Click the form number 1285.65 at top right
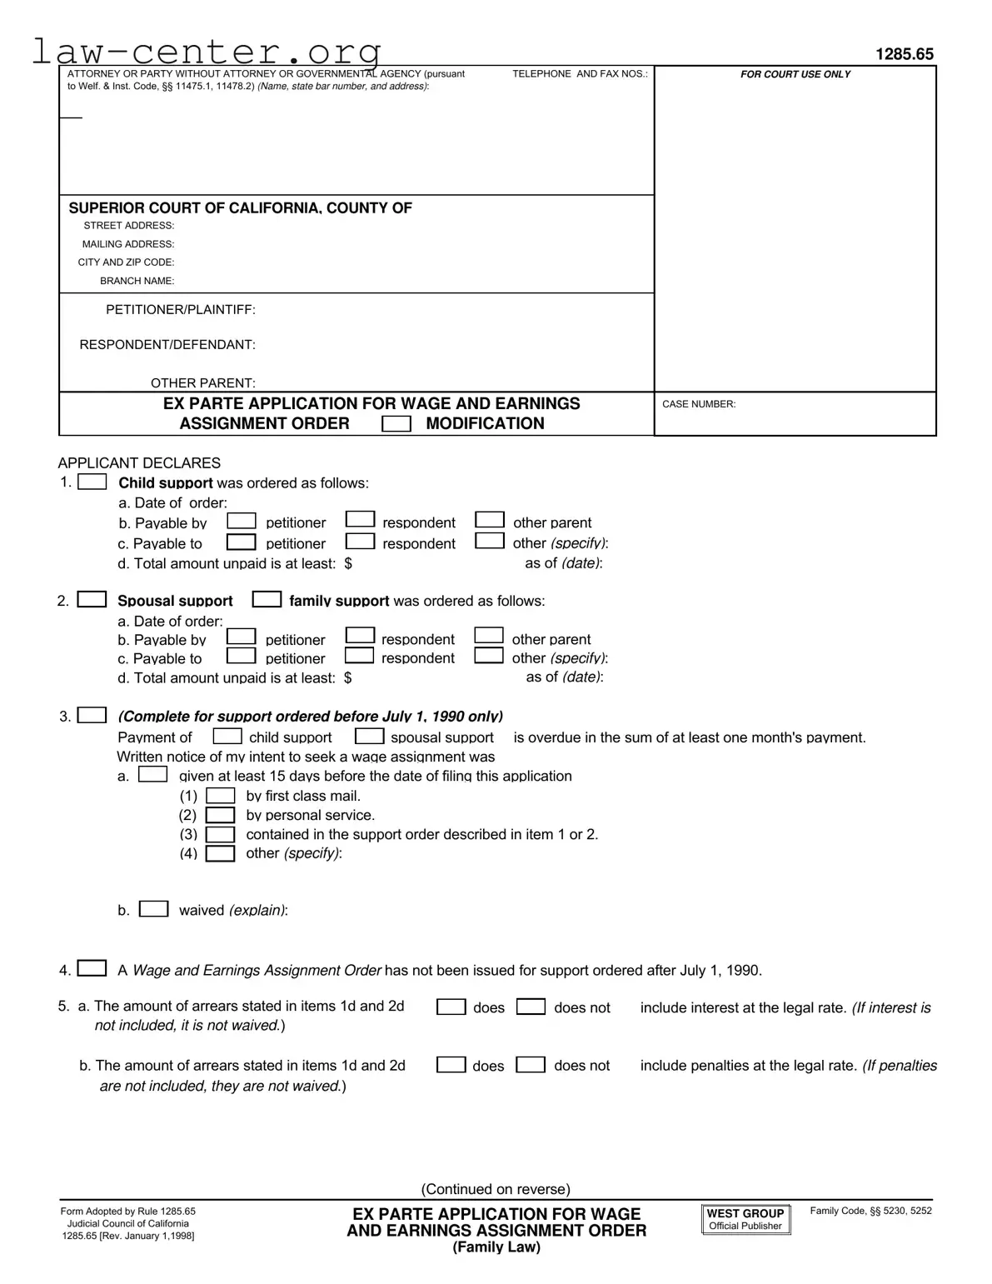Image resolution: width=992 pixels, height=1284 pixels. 904,54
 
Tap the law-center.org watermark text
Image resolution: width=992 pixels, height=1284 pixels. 207,52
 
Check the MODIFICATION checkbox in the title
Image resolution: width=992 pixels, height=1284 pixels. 396,424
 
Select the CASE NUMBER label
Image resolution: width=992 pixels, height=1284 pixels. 698,404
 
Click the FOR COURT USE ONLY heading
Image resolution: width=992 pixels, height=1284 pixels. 795,74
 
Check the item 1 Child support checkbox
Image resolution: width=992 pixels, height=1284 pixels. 92,482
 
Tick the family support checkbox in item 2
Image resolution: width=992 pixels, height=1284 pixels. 267,600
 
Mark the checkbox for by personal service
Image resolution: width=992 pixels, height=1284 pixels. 220,815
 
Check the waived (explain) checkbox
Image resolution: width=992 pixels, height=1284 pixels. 153,909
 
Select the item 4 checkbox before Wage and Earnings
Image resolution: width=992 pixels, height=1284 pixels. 92,968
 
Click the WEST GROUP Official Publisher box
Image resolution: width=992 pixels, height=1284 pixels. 745,1219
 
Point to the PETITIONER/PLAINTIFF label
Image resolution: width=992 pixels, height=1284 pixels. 180,310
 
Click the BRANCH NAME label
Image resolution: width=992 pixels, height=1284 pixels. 137,281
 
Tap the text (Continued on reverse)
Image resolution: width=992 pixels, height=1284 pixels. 496,1189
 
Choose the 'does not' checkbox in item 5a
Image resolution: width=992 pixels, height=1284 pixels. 531,1007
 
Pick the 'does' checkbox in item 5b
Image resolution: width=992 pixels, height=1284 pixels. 451,1065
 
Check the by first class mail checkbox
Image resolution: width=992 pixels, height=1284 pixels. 220,796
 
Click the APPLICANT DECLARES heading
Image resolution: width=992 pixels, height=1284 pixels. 139,463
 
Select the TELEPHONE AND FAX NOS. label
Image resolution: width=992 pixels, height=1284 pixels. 580,74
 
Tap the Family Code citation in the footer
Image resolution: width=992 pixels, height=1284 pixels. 870,1211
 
